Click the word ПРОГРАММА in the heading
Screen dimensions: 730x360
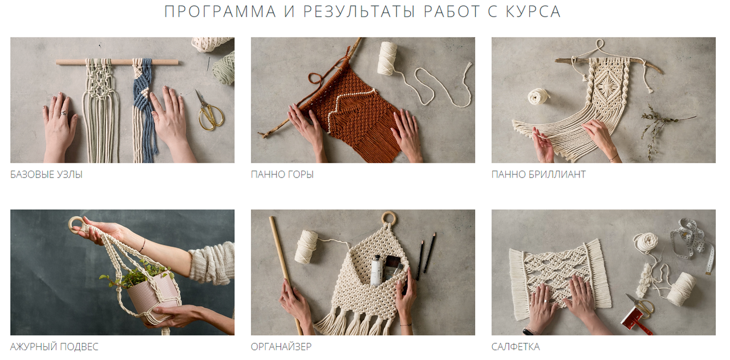[x=220, y=11]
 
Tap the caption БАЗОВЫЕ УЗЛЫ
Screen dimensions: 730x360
[x=46, y=175]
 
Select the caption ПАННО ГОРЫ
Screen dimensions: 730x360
[x=282, y=175]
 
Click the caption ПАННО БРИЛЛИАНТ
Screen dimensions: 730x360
[x=538, y=175]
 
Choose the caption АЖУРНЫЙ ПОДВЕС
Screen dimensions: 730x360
[x=54, y=346]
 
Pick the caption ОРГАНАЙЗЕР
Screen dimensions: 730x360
[x=281, y=346]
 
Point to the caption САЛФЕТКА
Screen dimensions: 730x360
[x=516, y=346]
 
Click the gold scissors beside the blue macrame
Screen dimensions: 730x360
[x=209, y=112]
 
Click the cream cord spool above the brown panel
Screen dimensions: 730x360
[x=387, y=58]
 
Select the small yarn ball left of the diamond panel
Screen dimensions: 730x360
[x=538, y=96]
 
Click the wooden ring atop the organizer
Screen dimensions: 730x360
[x=389, y=218]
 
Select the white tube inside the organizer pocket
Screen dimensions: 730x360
[x=377, y=270]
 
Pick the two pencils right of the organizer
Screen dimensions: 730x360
[x=426, y=256]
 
